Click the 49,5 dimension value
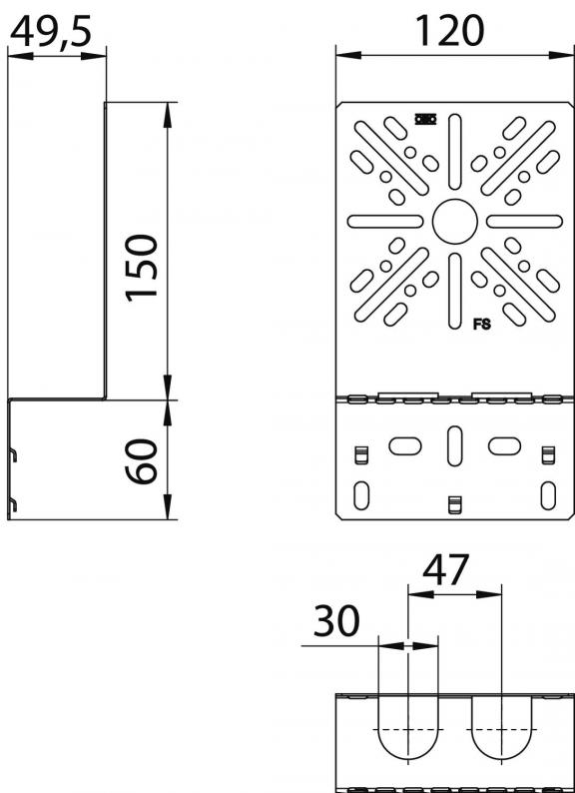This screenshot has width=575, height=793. coord(51,32)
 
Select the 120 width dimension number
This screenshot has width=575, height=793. coord(449,30)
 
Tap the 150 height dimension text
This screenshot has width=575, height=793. coord(143,268)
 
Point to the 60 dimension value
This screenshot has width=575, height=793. coord(141,461)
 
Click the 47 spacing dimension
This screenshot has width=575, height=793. coord(445,570)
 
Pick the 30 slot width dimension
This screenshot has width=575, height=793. coord(336,620)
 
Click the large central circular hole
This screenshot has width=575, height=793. coord(454,222)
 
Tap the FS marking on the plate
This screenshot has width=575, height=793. coord(481,325)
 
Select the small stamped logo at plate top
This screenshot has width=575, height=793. coord(425,120)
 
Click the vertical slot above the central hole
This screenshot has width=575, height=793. coord(454,152)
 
